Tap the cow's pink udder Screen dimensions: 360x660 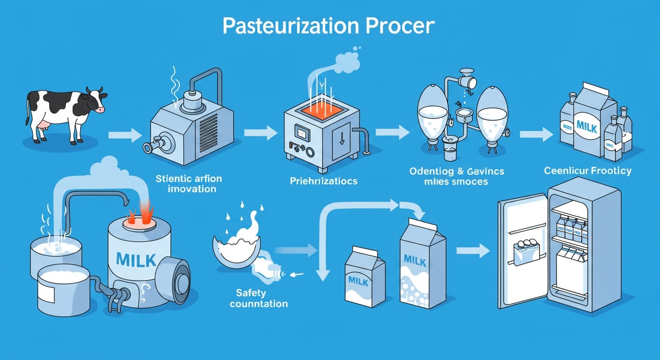tap(45, 124)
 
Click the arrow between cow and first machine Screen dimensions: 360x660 tap(125, 136)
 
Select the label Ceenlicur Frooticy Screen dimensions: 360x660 tap(587, 171)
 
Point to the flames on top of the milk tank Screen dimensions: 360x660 tap(141, 213)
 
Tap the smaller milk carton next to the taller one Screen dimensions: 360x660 tap(365, 279)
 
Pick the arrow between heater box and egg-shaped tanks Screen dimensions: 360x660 tap(392, 132)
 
